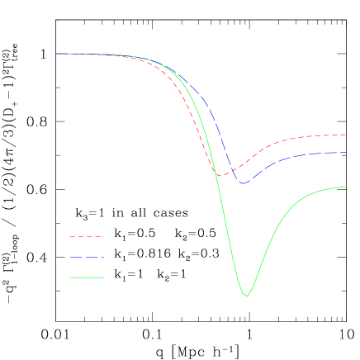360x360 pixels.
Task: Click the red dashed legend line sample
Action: click(87, 237)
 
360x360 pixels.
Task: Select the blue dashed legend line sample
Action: click(87, 258)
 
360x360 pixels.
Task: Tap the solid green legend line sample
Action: click(87, 277)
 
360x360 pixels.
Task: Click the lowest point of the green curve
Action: click(246, 296)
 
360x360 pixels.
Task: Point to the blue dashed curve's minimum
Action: click(244, 183)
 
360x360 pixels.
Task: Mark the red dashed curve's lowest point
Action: click(220, 175)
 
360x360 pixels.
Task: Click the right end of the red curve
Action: click(345, 135)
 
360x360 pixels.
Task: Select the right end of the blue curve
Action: click(345, 153)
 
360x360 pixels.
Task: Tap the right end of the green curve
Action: click(345, 187)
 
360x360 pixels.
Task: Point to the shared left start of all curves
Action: click(56, 54)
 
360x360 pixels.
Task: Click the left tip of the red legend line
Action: click(69, 237)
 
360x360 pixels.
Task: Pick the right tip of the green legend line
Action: click(105, 277)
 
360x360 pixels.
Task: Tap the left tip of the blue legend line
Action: click(69, 258)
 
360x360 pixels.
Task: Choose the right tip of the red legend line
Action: click(105, 237)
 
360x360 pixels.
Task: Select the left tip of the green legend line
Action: click(69, 277)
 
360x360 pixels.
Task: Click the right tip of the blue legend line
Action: click(105, 258)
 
